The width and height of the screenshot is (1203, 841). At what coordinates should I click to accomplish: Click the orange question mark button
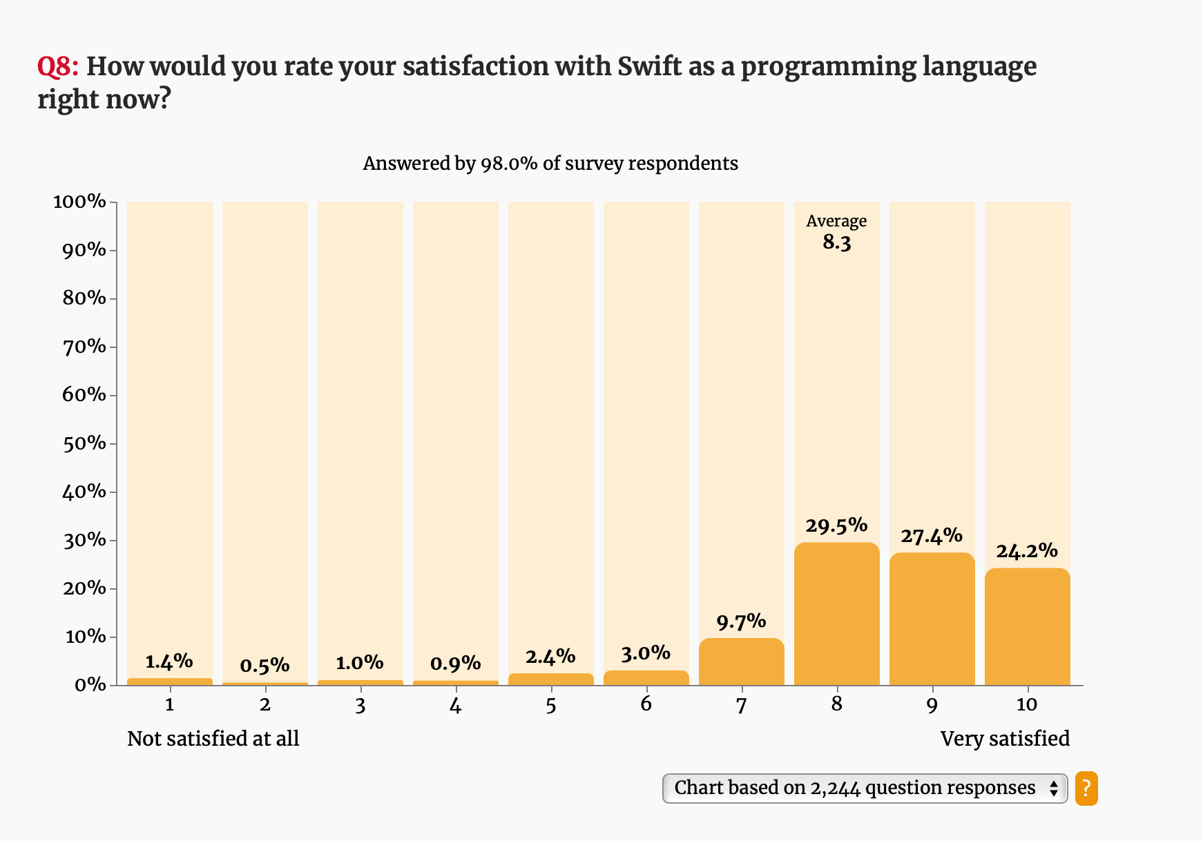pyautogui.click(x=1086, y=789)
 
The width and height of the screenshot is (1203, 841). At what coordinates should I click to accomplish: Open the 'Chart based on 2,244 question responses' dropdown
pyautogui.click(x=865, y=789)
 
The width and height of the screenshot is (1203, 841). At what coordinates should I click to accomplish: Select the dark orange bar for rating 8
pyautogui.click(x=836, y=614)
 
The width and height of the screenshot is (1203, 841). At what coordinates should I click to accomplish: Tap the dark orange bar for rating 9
pyautogui.click(x=932, y=619)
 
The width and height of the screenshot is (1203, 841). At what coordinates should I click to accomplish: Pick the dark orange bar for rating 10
pyautogui.click(x=1027, y=626)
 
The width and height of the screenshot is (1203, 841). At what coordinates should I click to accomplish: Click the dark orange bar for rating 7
pyautogui.click(x=741, y=661)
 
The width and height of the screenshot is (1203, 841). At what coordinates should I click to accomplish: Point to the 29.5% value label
pyautogui.click(x=836, y=525)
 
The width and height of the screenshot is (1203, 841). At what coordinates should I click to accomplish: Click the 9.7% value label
pyautogui.click(x=741, y=621)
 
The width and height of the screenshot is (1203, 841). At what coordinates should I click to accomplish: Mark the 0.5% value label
pyautogui.click(x=264, y=666)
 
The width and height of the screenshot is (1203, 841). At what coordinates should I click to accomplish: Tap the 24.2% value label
pyautogui.click(x=1027, y=551)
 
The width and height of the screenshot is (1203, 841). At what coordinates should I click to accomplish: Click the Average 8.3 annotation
pyautogui.click(x=836, y=232)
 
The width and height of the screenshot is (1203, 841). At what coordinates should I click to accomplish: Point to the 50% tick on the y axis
pyautogui.click(x=85, y=443)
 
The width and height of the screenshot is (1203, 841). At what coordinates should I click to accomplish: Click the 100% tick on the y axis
pyautogui.click(x=80, y=202)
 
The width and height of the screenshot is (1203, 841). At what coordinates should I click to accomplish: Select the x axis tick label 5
pyautogui.click(x=550, y=705)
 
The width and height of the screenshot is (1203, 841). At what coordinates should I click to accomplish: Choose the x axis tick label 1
pyautogui.click(x=169, y=705)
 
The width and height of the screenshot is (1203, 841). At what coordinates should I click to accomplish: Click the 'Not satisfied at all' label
pyautogui.click(x=213, y=739)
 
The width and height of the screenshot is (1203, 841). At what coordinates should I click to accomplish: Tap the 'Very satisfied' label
pyautogui.click(x=1005, y=739)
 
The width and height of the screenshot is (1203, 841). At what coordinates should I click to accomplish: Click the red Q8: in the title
pyautogui.click(x=58, y=67)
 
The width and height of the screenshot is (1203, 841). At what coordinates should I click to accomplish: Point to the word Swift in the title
pyautogui.click(x=649, y=67)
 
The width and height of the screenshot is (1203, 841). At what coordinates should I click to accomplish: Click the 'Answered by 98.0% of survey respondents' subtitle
pyautogui.click(x=550, y=164)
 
